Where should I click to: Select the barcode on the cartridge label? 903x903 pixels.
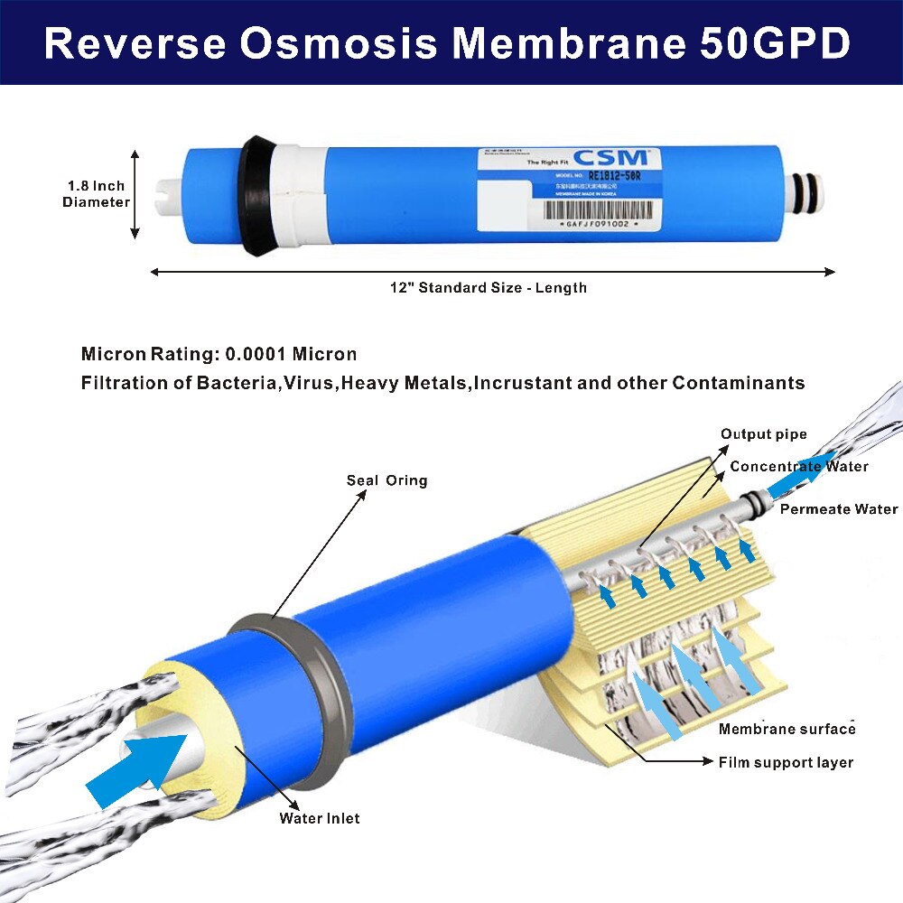point(597,209)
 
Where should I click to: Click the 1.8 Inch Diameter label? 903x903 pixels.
point(96,194)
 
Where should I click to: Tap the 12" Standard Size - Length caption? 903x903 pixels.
point(489,288)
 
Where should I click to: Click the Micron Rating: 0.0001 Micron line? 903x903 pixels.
point(219,354)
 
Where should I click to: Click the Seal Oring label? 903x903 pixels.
point(386,480)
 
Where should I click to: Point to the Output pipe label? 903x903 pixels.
point(763,435)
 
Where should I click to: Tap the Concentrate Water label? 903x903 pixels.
point(798,467)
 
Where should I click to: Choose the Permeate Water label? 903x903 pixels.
point(839,509)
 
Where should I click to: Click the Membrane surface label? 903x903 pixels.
point(787,729)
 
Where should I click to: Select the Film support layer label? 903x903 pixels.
point(786,762)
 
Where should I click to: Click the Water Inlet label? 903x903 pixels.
point(319,818)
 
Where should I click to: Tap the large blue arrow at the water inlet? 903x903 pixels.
point(136,770)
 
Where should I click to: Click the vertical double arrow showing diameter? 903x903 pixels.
point(135,194)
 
